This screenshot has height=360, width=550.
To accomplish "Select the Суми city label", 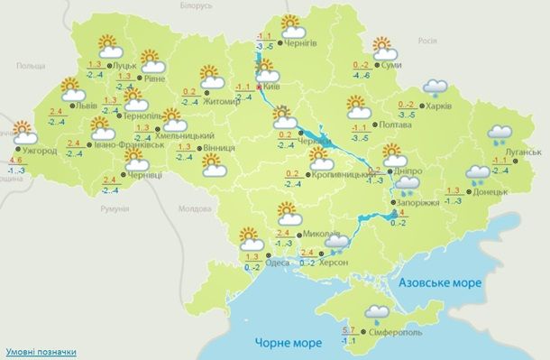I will coord(391,66).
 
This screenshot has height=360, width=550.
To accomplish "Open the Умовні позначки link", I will coord(41,352).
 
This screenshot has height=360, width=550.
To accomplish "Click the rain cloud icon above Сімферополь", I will coord(379,313).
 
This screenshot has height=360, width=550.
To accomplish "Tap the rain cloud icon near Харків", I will coord(437,88).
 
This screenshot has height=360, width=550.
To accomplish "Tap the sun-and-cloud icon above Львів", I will coord(71,89).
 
